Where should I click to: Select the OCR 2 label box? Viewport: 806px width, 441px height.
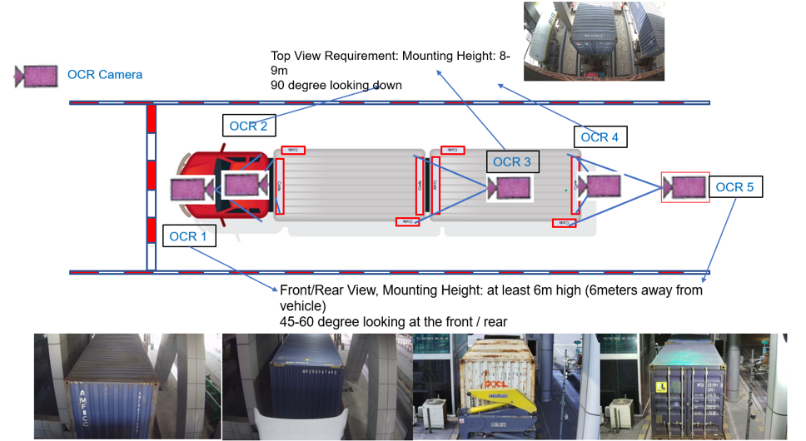pos(248,126)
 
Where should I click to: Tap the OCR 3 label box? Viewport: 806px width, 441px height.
pos(512,161)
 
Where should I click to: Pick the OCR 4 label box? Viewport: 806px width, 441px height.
pos(600,137)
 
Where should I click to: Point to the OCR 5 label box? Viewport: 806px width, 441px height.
pos(734,187)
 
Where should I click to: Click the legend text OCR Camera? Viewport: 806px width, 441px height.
pos(105,75)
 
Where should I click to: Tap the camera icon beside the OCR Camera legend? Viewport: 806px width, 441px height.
pos(36,76)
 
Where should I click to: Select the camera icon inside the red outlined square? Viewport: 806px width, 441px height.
pos(685,187)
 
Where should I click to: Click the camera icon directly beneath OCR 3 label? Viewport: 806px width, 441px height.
pos(509,187)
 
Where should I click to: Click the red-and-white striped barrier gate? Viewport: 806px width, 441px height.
pos(151,186)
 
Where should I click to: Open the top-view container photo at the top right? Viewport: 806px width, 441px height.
pos(594,41)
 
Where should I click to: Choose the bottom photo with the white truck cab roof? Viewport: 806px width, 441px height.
pos(316,386)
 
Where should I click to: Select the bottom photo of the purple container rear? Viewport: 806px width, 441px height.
pos(695,386)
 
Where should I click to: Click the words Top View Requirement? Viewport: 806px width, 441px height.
pos(334,56)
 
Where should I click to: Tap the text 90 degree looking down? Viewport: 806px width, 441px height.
pos(336,85)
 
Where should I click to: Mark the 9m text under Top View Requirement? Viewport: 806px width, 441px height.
pos(281,71)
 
